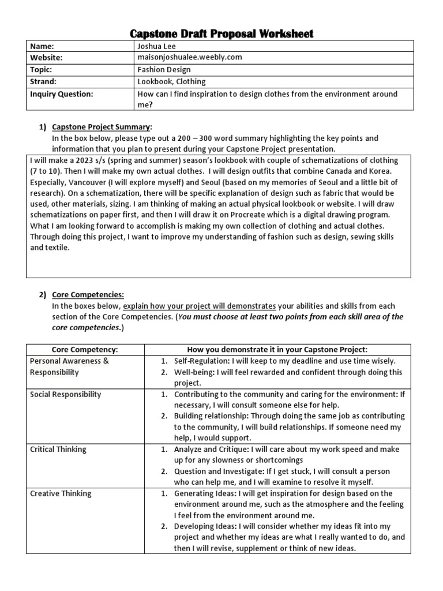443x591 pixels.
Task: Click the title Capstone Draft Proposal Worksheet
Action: click(x=222, y=33)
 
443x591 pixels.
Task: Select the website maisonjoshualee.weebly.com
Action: click(x=189, y=57)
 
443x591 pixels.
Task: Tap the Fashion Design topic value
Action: click(x=164, y=69)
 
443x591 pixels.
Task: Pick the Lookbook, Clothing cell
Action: click(x=171, y=81)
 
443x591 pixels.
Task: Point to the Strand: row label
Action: click(x=43, y=81)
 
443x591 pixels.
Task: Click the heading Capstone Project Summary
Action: click(x=102, y=127)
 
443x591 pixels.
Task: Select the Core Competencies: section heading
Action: click(x=88, y=294)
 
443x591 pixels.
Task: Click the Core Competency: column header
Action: click(x=85, y=350)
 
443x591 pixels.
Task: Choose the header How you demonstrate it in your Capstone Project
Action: click(x=277, y=350)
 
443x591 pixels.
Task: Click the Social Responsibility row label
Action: click(x=65, y=394)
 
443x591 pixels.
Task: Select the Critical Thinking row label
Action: click(x=58, y=449)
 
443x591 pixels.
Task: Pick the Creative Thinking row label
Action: click(x=61, y=493)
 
